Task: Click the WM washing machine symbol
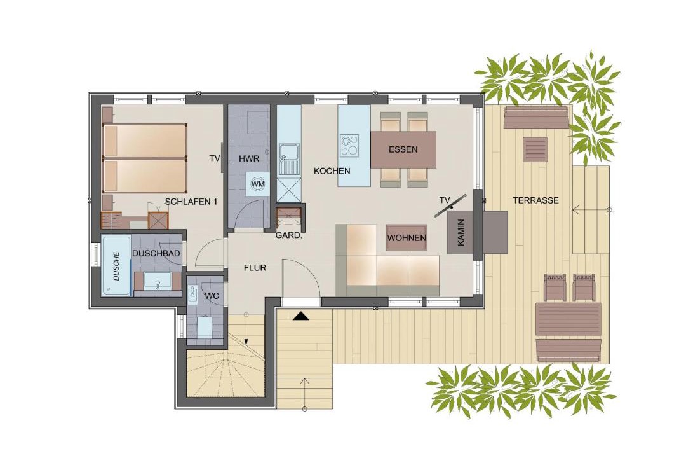[258, 184]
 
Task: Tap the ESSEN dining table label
[403, 149]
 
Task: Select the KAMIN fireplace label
[461, 232]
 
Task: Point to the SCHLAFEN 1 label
[191, 202]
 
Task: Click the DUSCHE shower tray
[116, 266]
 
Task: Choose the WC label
[212, 296]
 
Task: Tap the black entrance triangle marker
[300, 316]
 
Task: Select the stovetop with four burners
[349, 146]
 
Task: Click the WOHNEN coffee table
[407, 238]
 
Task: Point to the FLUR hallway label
[255, 267]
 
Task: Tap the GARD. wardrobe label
[289, 235]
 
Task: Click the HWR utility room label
[249, 158]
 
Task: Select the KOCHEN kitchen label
[332, 171]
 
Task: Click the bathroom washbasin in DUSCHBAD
[158, 280]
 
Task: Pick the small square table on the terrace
[535, 150]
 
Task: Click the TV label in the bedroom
[215, 158]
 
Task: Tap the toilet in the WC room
[204, 327]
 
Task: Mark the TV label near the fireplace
[445, 200]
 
